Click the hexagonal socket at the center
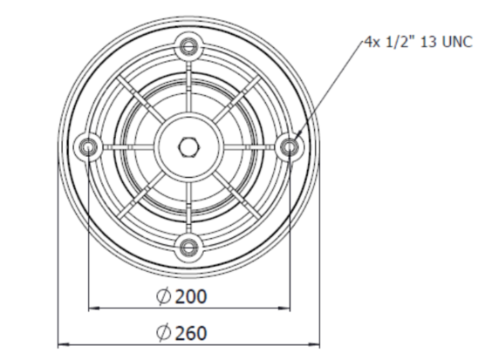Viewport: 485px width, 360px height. pyautogui.click(x=188, y=146)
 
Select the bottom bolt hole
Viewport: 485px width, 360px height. pyautogui.click(x=188, y=247)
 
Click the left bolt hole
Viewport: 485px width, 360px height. pyautogui.click(x=87, y=146)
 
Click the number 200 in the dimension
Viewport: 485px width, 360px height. pyautogui.click(x=191, y=296)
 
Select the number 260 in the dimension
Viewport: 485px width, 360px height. pyautogui.click(x=191, y=332)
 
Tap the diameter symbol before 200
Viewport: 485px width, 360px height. pyautogui.click(x=163, y=296)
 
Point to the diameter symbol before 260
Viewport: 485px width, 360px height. pyautogui.click(x=163, y=332)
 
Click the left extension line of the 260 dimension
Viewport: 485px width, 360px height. pyautogui.click(x=58, y=262)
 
